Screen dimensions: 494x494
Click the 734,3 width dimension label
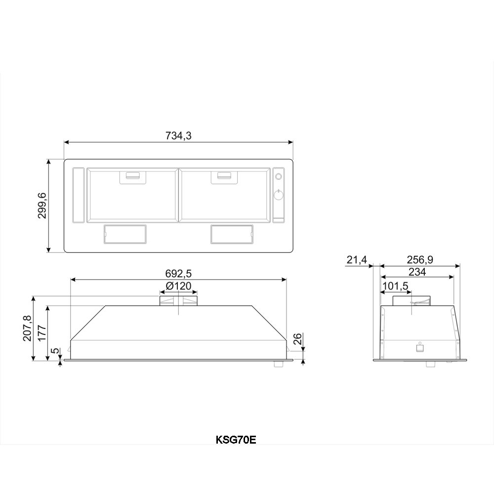coord(178,136)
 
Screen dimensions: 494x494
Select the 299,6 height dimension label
coord(42,206)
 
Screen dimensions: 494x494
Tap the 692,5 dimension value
coord(178,274)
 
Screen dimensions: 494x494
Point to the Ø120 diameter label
coord(178,286)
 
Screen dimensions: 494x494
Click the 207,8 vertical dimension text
coord(27,328)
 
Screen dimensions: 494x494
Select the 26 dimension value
coord(298,339)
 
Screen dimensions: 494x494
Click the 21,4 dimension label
coord(357,260)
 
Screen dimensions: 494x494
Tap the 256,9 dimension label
coord(419,260)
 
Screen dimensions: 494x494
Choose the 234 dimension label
coord(417,272)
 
